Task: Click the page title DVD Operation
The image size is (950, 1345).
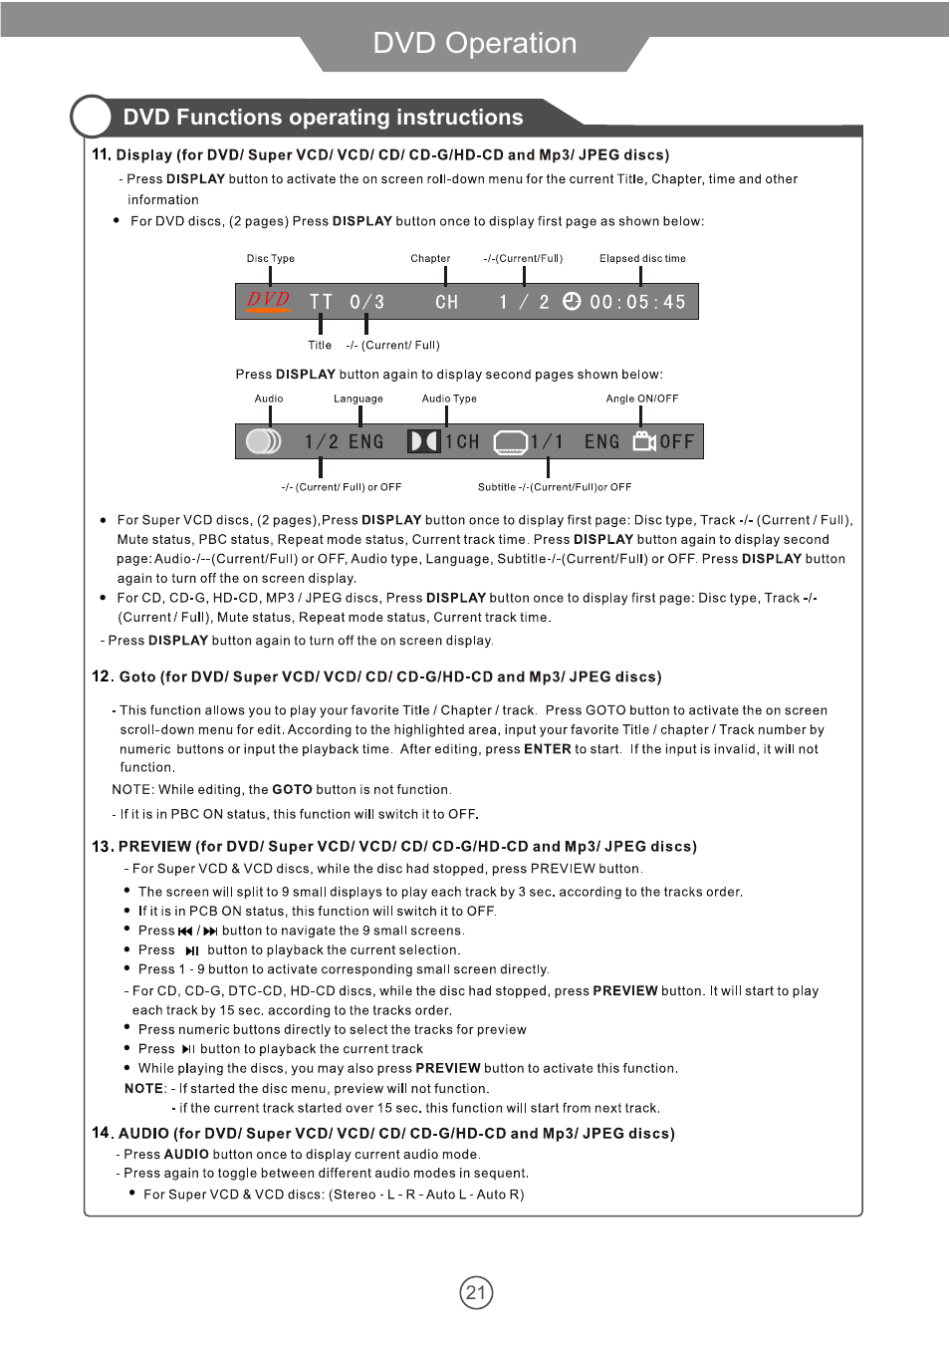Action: click(x=474, y=43)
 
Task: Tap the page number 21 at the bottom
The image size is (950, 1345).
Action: click(x=476, y=1293)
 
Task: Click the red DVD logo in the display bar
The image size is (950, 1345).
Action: click(x=269, y=300)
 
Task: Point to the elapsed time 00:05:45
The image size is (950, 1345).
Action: click(x=637, y=302)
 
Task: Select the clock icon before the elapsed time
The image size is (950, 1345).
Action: click(x=572, y=301)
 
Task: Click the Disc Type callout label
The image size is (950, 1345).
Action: click(x=271, y=258)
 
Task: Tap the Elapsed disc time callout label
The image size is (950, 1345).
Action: click(x=642, y=258)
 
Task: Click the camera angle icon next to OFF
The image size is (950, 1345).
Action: click(x=644, y=440)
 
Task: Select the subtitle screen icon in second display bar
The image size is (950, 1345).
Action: click(x=510, y=441)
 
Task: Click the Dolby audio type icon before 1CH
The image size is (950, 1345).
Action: click(x=423, y=440)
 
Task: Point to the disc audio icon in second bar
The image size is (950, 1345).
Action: click(x=263, y=440)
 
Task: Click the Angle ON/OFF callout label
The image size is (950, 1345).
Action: click(x=642, y=399)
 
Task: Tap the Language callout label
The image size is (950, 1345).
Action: click(x=358, y=399)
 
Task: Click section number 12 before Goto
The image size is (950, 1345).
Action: click(x=102, y=676)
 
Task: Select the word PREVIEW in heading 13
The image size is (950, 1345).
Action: click(x=154, y=846)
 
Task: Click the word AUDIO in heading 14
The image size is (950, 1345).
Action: click(x=143, y=1133)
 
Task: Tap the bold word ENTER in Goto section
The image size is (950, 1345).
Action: click(x=547, y=749)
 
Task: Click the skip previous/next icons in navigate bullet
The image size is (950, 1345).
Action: click(x=197, y=931)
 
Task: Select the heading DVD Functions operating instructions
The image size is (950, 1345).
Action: click(x=323, y=118)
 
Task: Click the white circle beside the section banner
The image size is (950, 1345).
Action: click(x=92, y=117)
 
